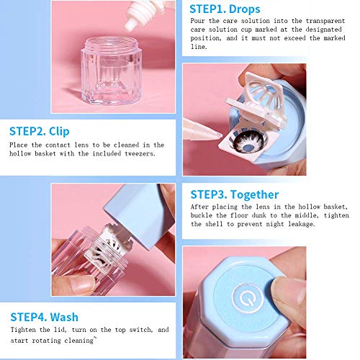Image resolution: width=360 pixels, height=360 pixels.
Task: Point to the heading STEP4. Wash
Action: (45, 316)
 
